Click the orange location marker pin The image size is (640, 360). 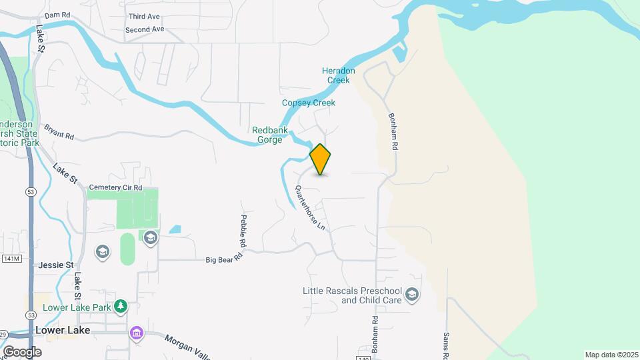pos(321,159)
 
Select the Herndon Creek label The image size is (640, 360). pos(339,75)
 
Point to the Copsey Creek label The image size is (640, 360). pos(308,103)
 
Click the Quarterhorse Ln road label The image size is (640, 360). pos(310,208)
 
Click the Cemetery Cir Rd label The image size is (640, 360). pos(116,188)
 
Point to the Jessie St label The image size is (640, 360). pos(55,265)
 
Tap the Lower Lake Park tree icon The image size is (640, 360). pos(121,307)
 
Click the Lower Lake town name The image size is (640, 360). pos(63,331)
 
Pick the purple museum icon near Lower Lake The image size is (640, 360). pos(137,333)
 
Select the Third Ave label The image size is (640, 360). pos(145,16)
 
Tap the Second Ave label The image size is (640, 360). pos(144,30)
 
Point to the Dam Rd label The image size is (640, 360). pos(57,15)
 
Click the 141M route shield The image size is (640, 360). pos(12,258)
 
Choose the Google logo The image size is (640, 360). pos(22,351)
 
